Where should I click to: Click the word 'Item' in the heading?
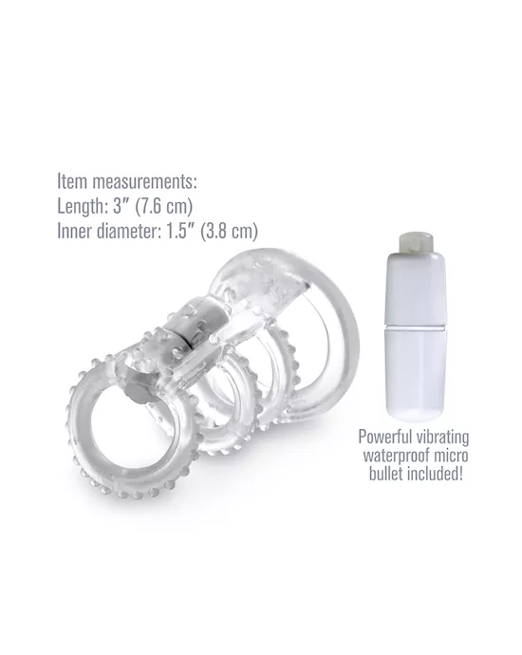[x=72, y=181]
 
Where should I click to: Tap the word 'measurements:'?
[x=144, y=182]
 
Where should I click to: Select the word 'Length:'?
[x=83, y=206]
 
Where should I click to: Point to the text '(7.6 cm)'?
[x=164, y=206]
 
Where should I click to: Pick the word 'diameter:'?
[x=129, y=231]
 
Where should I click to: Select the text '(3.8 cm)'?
[x=230, y=231]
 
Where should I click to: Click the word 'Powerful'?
[x=386, y=437]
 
